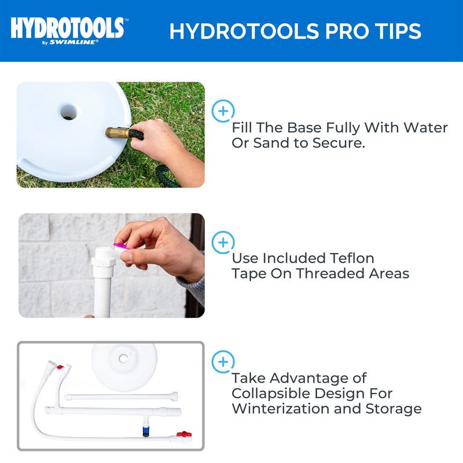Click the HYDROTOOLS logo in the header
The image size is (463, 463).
point(67,27)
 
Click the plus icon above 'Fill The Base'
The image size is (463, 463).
point(223,111)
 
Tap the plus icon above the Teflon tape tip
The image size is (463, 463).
point(223,242)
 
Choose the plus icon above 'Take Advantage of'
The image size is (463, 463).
point(223,362)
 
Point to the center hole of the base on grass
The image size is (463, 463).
point(68,111)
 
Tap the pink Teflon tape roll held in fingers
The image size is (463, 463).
point(119,247)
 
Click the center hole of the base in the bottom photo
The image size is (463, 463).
point(123,358)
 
